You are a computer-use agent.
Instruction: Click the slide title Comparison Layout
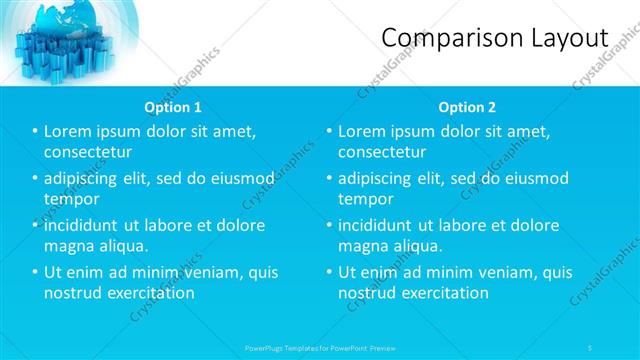coord(495,38)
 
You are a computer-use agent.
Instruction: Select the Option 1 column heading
coord(172,107)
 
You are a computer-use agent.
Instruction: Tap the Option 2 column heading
coord(466,107)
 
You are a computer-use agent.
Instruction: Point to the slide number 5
coord(591,347)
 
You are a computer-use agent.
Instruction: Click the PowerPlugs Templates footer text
coord(319,347)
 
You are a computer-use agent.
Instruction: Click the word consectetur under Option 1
coord(88,152)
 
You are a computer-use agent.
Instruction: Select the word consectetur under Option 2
coord(382,152)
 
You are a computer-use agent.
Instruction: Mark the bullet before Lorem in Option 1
coord(35,132)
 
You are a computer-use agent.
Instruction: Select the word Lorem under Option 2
coord(363,131)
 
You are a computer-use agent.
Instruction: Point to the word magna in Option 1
coord(69,246)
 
